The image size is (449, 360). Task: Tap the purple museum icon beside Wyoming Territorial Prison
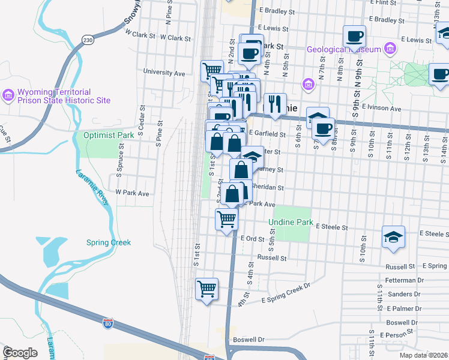coord(8,95)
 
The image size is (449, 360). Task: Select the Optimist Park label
coord(109,135)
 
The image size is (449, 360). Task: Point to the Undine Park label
coord(291,223)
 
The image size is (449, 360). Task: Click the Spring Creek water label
coord(108,242)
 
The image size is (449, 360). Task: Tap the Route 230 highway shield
coord(88,40)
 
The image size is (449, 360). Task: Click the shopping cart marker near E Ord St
coord(226,220)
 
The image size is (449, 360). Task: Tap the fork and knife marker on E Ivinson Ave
coord(275,104)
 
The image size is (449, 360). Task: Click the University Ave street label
coord(164,73)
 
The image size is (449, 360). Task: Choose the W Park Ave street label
coord(132,193)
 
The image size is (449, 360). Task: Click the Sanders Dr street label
coord(403,294)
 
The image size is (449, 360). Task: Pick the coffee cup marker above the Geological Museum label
coord(354,37)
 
